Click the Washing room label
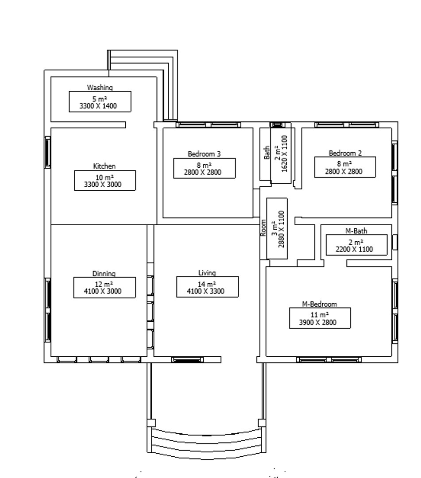pos(100,88)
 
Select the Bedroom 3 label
pos(204,154)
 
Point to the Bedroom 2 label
pos(345,153)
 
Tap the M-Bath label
pos(356,231)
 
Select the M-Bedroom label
pos(320,304)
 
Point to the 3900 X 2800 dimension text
pos(320,323)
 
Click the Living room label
pos(207,273)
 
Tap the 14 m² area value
pos(207,284)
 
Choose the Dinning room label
pos(104,274)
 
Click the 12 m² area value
pos(104,284)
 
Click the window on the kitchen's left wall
pos(48,152)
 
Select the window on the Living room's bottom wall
pos(184,359)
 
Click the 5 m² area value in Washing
pos(100,99)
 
